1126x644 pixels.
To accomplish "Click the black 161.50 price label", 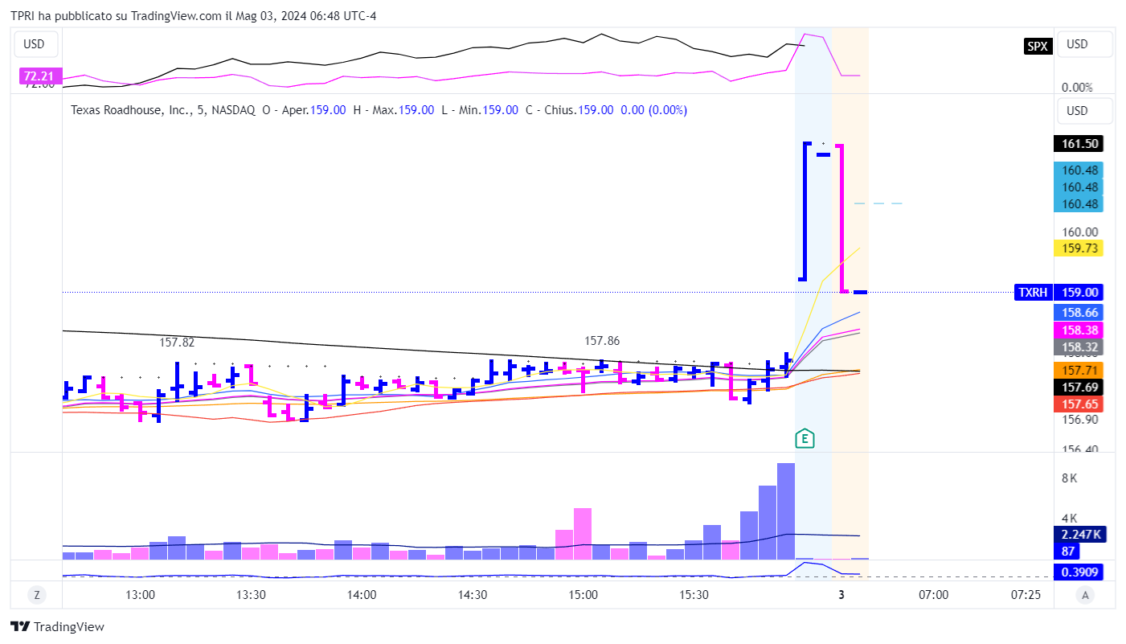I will [x=1078, y=144].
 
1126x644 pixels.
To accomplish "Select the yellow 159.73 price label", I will [x=1078, y=248].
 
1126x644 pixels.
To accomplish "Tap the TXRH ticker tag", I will [x=1033, y=293].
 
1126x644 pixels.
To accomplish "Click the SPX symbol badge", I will [x=1038, y=47].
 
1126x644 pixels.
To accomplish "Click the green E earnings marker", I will [x=805, y=439].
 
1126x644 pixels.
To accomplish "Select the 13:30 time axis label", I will [x=252, y=595].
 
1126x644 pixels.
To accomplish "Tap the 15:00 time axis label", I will [x=583, y=595].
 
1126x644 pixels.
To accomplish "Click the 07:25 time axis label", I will [x=1026, y=595].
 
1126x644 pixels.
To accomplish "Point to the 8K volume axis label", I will [x=1069, y=478].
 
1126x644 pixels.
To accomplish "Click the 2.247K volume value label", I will [x=1078, y=535].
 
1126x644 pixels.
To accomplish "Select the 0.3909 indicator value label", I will [x=1078, y=572].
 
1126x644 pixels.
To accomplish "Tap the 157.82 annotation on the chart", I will [x=177, y=343].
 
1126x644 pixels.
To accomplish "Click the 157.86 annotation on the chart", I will [x=603, y=341].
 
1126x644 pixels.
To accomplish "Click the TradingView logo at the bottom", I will [x=57, y=627].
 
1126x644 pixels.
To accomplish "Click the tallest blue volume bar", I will [x=786, y=511].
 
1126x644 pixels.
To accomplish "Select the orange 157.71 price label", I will [x=1078, y=370].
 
